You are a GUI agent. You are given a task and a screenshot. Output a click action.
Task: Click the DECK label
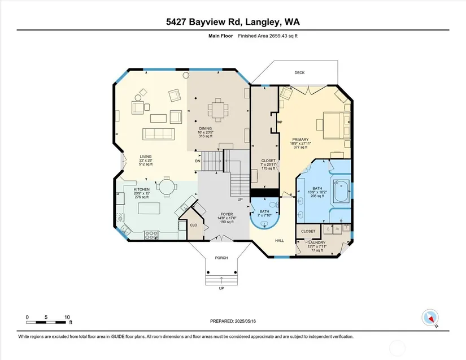[299, 72]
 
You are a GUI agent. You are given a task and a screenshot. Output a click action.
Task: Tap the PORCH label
[221, 258]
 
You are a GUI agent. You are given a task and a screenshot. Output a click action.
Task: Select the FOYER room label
[227, 214]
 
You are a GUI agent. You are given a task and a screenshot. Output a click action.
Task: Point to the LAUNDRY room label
[317, 242]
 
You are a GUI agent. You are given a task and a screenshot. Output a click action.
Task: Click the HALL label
[280, 241]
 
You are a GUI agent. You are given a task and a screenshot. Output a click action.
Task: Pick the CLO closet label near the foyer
[194, 225]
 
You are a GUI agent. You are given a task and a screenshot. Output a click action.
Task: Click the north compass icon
[430, 317]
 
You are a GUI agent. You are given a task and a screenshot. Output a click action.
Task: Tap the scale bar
[46, 322]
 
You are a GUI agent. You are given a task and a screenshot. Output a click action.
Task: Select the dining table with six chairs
[219, 110]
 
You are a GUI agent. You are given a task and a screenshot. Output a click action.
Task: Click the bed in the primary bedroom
[337, 125]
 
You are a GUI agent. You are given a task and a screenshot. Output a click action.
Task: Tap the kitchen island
[149, 208]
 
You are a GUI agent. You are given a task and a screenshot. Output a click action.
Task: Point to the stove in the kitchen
[151, 235]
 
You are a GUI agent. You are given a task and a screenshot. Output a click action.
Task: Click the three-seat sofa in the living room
[158, 134]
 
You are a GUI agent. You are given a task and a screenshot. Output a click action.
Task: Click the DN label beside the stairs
[198, 161]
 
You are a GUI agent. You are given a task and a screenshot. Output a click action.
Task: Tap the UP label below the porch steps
[221, 288]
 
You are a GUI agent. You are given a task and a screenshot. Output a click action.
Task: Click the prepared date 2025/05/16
[245, 321]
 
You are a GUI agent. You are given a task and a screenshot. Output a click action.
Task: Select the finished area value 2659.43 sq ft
[283, 36]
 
